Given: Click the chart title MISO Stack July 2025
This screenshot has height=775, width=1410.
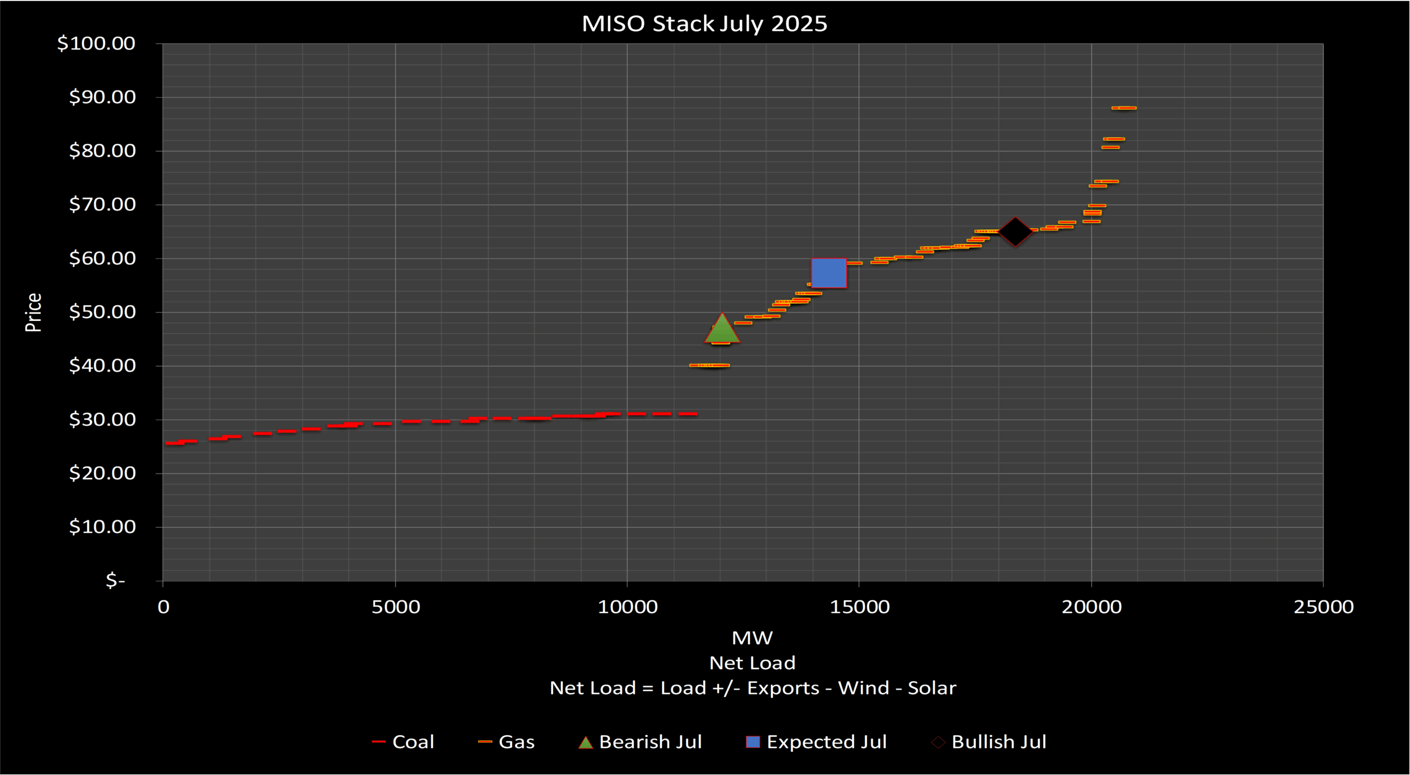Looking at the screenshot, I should tap(704, 24).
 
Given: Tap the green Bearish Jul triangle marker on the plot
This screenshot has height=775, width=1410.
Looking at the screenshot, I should tap(722, 330).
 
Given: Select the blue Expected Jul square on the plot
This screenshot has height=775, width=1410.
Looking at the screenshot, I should tap(829, 273).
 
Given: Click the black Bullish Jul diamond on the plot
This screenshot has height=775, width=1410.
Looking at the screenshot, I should tap(1015, 232).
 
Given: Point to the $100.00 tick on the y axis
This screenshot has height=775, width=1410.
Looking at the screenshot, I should tap(96, 43).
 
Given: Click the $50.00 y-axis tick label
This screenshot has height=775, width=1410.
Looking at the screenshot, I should tap(102, 312).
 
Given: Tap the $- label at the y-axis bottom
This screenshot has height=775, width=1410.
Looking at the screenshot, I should tap(116, 580).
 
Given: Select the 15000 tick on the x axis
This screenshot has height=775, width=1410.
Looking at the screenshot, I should tap(859, 607).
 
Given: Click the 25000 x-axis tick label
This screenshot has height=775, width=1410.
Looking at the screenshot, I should tap(1324, 607).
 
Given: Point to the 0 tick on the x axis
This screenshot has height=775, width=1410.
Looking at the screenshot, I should tap(164, 607).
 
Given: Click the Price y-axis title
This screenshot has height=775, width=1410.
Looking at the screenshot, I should tap(34, 312).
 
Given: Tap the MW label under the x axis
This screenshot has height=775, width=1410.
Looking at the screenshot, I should tap(752, 638).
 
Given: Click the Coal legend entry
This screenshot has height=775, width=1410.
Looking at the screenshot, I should tap(413, 742).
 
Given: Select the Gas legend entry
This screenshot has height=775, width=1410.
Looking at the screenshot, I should tap(516, 742).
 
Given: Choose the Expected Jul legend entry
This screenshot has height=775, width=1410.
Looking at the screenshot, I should tap(826, 742).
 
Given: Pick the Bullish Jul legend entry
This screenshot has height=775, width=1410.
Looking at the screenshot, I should tap(999, 742).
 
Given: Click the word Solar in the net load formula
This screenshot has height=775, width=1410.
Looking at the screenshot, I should tap(932, 688).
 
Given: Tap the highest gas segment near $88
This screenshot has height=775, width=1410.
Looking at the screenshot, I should tap(1124, 108).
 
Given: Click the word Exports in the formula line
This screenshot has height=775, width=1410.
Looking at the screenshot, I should tap(783, 688).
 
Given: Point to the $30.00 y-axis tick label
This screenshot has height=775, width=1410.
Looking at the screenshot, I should tap(102, 419).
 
